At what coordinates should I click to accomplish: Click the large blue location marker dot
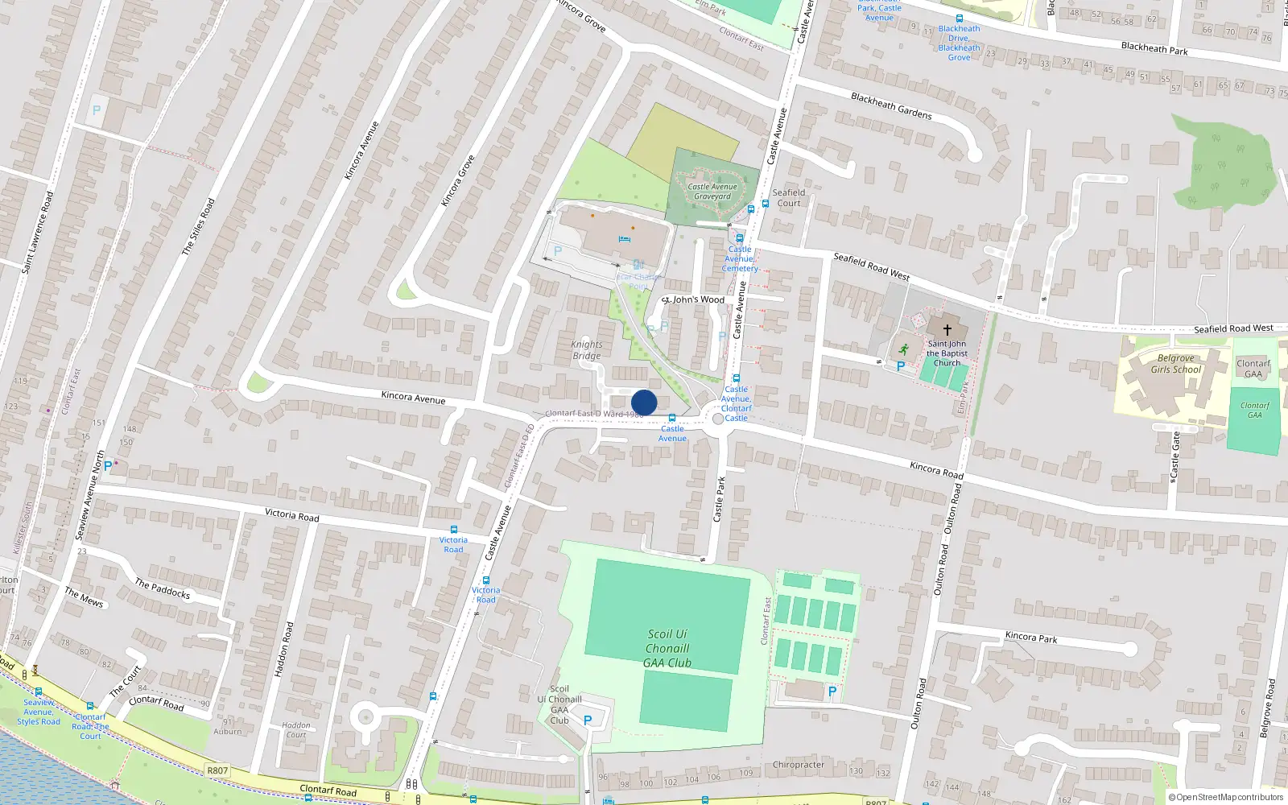point(644,402)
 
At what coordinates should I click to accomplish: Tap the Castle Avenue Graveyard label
point(712,192)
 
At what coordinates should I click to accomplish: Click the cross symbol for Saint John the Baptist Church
point(947,330)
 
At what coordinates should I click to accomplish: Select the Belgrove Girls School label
point(1175,364)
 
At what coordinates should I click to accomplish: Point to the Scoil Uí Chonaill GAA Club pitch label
point(667,648)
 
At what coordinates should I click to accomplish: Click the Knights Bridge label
point(587,350)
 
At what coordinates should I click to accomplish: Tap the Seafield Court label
point(789,197)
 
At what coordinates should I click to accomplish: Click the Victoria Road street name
point(292,515)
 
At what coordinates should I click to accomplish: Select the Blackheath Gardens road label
point(891,106)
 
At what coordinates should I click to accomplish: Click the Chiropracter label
point(799,765)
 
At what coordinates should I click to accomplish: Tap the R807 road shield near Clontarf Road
point(217,770)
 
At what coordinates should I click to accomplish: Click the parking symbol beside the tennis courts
point(832,691)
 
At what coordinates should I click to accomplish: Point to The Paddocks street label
point(163,588)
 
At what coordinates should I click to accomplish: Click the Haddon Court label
point(296,729)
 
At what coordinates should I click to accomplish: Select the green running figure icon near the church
point(903,349)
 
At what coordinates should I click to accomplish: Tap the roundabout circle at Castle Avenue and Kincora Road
point(718,419)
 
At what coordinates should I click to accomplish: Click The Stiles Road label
point(198,227)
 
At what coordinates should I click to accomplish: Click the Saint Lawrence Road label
point(38,232)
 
